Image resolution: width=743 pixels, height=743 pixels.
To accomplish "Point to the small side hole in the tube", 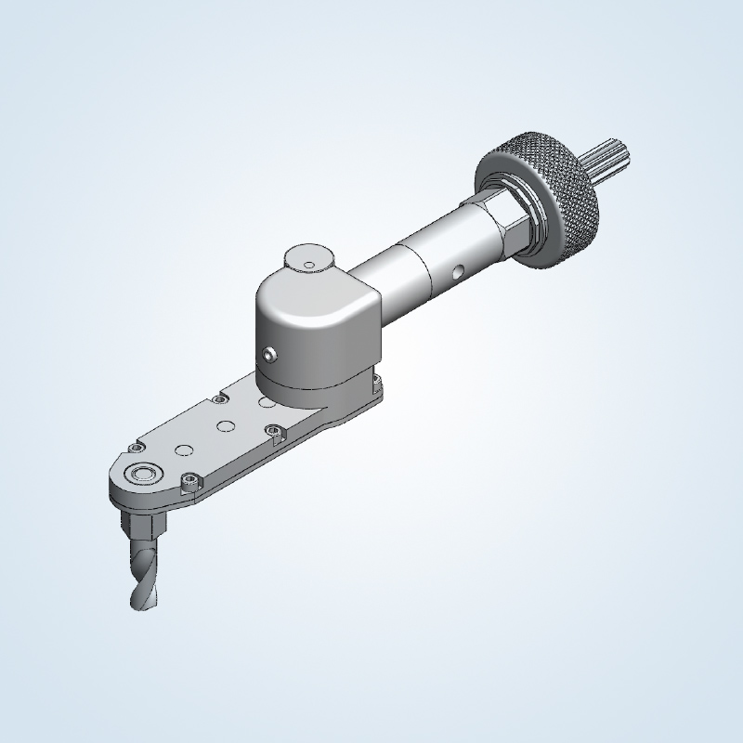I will point(456,273).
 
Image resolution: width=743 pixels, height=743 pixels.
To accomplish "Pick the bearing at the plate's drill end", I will point(144,473).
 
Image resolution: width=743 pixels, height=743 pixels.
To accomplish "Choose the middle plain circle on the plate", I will point(224,426).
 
